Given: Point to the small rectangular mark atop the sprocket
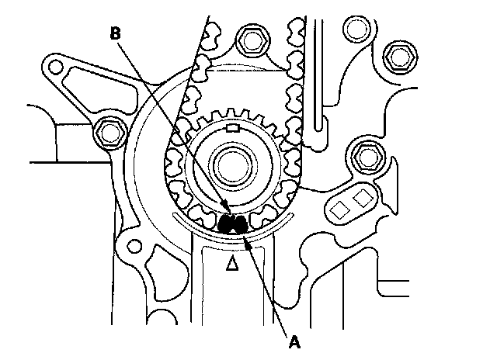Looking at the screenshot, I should pos(231,126).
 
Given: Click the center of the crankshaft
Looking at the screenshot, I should pos(231,164).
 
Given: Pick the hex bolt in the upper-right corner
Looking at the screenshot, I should pos(401,54).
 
